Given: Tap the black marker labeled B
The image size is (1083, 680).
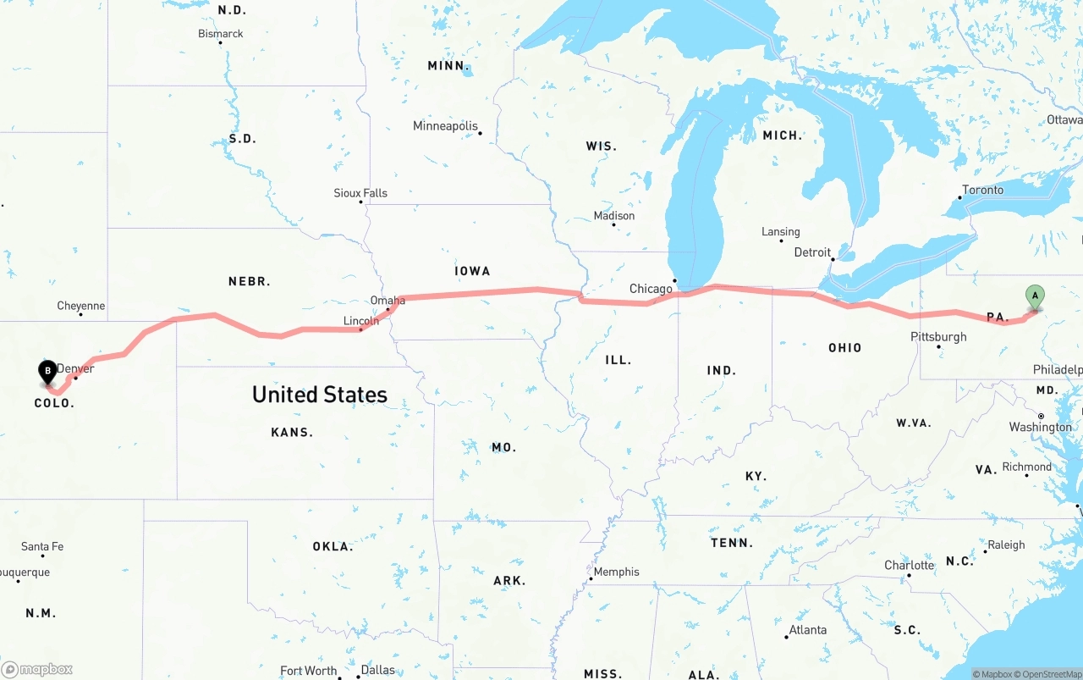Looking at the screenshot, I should tap(48, 371).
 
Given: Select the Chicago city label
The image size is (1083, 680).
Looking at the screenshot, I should tap(651, 289).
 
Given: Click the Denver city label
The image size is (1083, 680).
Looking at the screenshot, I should tap(75, 368).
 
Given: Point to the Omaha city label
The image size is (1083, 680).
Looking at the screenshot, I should tap(388, 301).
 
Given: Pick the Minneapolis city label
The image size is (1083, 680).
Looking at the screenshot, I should tap(445, 126).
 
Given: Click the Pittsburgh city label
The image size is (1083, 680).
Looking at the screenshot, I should tap(938, 337).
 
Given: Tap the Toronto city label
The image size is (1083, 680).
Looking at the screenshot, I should tap(982, 190).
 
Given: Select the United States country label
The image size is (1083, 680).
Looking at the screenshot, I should tap(320, 395).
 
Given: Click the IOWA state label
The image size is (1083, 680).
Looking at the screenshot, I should tap(472, 271).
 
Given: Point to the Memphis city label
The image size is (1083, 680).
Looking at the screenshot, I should tap(616, 572).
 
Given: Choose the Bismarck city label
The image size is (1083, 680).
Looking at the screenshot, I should tap(221, 34).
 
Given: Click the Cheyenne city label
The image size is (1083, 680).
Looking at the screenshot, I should tap(81, 306).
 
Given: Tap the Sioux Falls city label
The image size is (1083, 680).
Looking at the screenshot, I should tap(360, 193).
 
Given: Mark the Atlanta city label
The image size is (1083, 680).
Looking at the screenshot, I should tap(807, 630).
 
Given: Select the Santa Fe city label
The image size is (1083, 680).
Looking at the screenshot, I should tap(42, 546).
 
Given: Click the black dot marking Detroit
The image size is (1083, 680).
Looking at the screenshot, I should tap(833, 260).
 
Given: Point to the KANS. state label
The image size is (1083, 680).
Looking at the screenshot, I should tap(292, 432).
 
